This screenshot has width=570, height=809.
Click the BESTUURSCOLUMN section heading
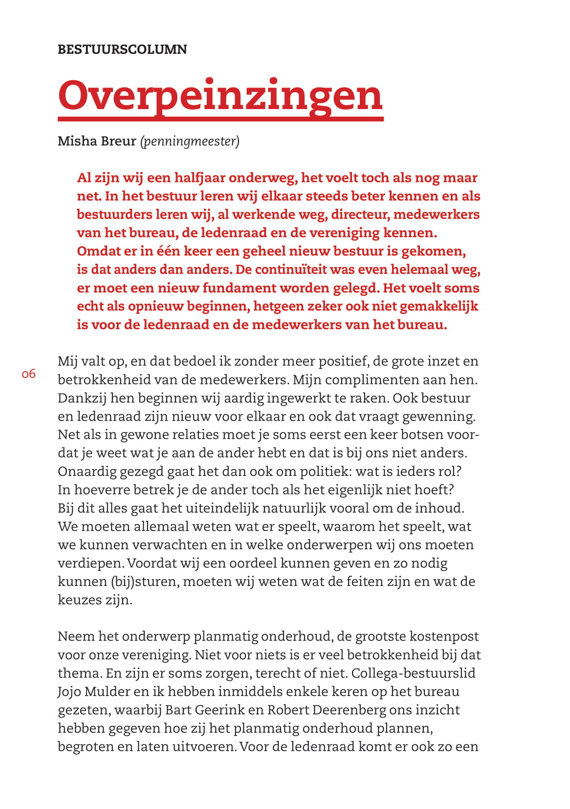[x=122, y=49]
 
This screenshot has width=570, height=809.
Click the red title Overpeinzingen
[x=220, y=96]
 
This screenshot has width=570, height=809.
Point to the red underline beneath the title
[x=220, y=118]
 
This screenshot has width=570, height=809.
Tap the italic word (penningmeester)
[x=190, y=141]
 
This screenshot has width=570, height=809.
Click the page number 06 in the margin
[x=29, y=374]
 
